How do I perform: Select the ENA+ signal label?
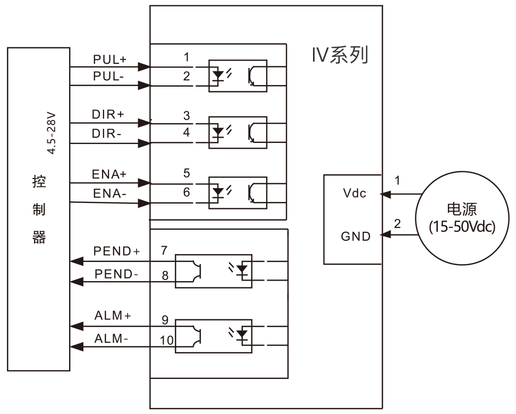(110, 174)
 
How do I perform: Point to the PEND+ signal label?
(117, 251)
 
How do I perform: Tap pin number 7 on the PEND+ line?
(165, 250)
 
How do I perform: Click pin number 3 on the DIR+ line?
(186, 115)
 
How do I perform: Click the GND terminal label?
(356, 235)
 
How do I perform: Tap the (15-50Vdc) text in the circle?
(462, 227)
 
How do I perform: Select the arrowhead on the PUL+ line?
(143, 67)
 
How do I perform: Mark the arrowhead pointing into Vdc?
(384, 195)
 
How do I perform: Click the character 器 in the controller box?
(39, 237)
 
